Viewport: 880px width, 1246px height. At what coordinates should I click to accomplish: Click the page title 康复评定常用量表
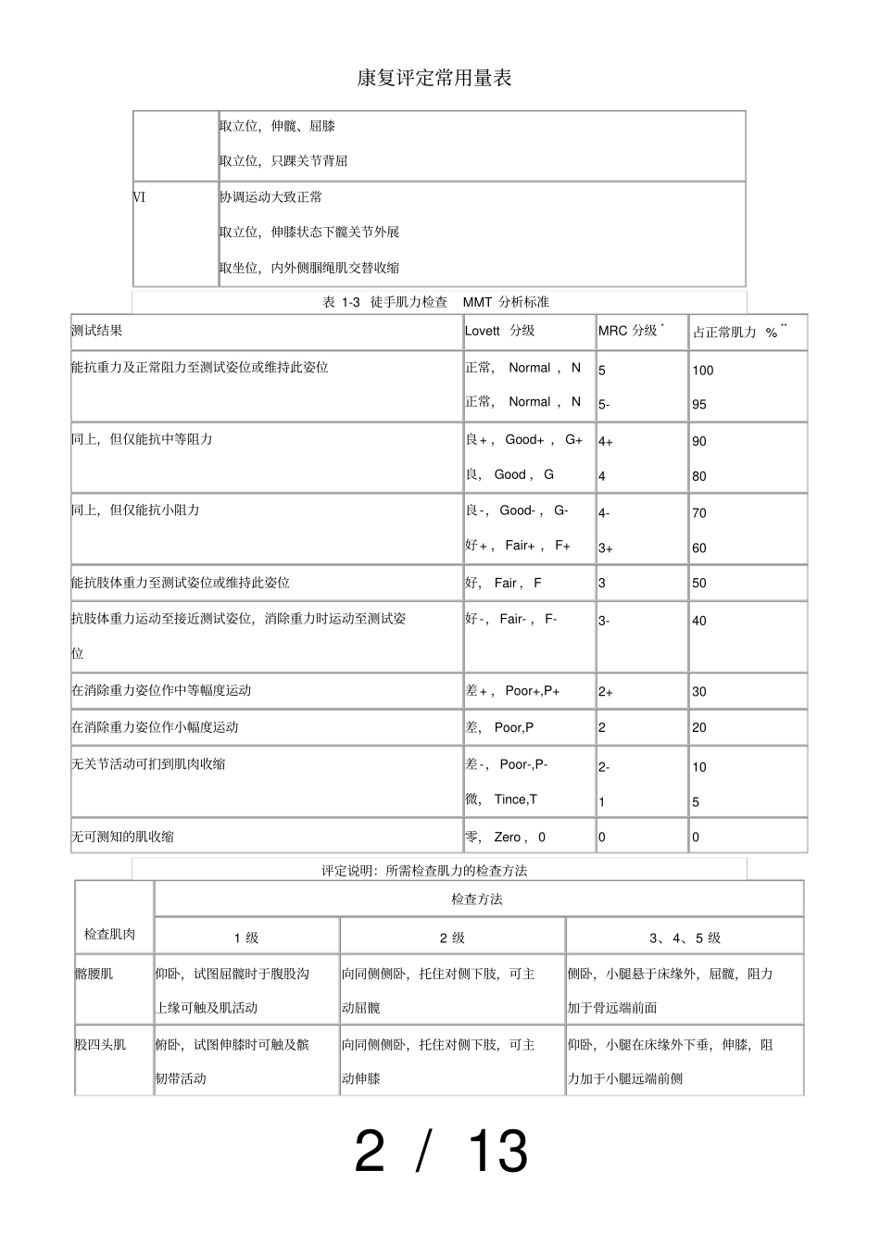click(434, 78)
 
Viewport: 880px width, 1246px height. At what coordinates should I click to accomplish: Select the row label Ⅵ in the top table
click(140, 197)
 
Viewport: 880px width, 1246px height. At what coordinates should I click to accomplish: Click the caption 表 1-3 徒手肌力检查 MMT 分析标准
click(435, 302)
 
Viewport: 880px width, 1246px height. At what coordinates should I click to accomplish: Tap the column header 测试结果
click(97, 330)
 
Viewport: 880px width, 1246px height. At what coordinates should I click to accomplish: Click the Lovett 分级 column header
click(500, 331)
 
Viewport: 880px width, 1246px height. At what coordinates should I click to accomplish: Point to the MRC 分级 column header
click(629, 331)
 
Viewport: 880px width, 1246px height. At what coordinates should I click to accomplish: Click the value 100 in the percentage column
click(703, 371)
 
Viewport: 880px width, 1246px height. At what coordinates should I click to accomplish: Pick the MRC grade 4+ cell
click(606, 442)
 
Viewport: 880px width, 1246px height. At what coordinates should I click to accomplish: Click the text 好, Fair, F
click(504, 583)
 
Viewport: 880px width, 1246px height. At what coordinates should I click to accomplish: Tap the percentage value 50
click(699, 584)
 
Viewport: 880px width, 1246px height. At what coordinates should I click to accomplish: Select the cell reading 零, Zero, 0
click(506, 837)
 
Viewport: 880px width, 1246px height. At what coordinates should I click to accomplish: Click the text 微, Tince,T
click(501, 799)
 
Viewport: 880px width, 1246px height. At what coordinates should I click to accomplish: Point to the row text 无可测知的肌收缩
click(123, 837)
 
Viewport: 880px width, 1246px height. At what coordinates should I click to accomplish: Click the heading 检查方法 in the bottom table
click(477, 899)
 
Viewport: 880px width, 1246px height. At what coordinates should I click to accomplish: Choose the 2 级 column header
click(452, 938)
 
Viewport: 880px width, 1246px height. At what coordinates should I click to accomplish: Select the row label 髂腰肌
click(94, 974)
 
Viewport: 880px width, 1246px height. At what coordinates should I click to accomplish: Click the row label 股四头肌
click(101, 1044)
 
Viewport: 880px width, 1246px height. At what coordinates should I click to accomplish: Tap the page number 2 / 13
click(441, 1152)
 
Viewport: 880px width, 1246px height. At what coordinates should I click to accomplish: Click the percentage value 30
click(699, 692)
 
